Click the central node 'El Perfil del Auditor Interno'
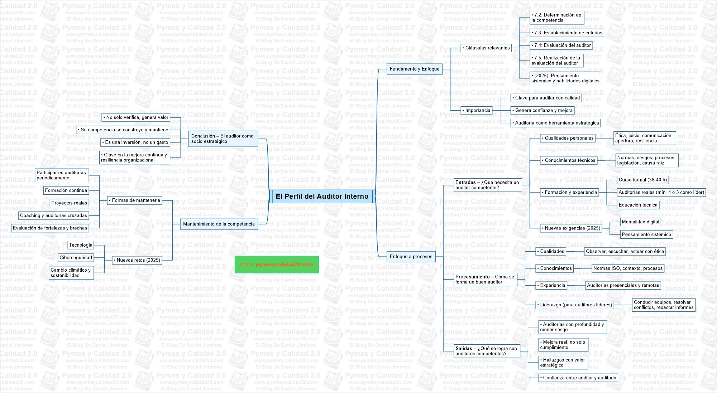322,196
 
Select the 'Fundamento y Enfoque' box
414,69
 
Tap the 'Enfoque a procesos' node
411,257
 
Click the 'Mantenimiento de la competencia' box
219,224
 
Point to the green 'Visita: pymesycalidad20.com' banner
277,265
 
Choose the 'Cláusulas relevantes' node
487,48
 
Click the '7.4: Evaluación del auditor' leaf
561,45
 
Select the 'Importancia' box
477,111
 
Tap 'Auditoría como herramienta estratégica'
556,123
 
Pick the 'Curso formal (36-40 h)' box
642,180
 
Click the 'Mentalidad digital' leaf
640,222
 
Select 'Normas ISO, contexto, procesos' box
628,268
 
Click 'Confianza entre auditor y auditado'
579,378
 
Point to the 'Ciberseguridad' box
76,258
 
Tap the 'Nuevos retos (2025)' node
138,260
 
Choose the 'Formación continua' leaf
66,190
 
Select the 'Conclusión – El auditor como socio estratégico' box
223,139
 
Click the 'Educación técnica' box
638,205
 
